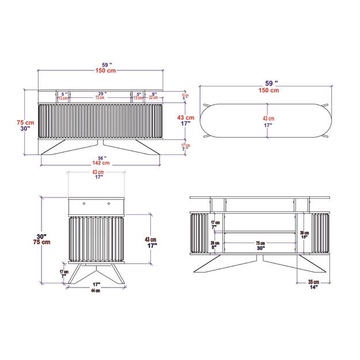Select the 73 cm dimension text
coord(100,98)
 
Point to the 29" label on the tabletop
coord(101,93)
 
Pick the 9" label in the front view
coord(154,93)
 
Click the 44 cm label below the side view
coord(96,291)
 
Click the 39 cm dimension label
coord(304,233)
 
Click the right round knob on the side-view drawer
coord(108,203)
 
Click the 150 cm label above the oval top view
coord(269,90)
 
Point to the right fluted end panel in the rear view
coord(321,233)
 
